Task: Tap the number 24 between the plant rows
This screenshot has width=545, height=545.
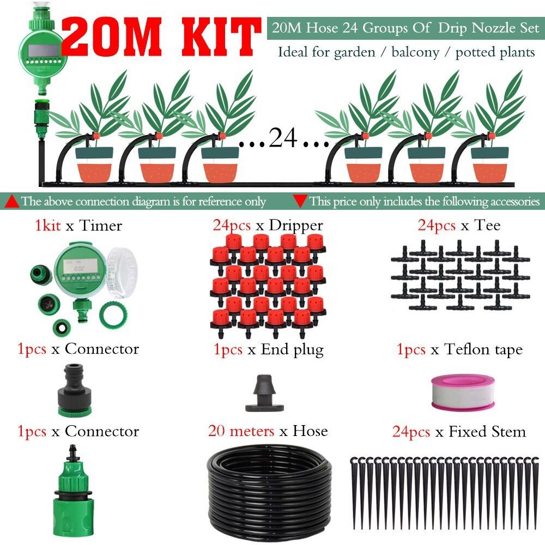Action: click(x=283, y=138)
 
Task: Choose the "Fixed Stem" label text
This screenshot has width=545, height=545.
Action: click(x=487, y=432)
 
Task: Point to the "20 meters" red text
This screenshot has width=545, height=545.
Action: click(x=241, y=432)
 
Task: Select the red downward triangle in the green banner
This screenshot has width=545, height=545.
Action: click(x=299, y=201)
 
